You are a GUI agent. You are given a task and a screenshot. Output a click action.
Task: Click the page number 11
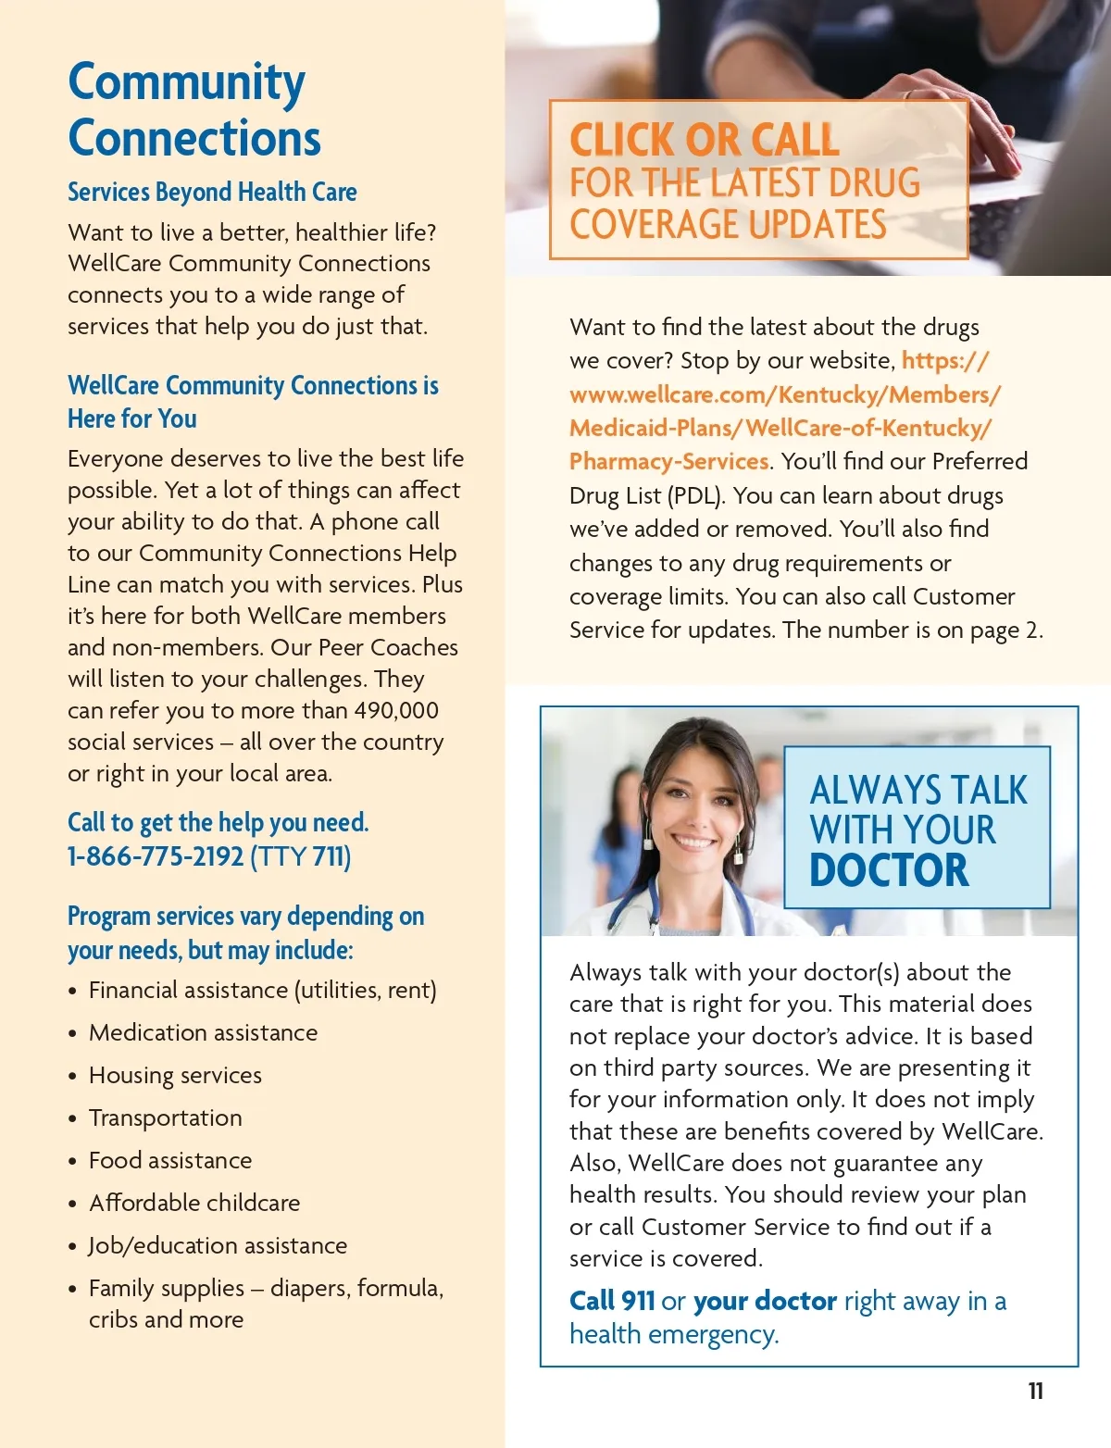1035,1391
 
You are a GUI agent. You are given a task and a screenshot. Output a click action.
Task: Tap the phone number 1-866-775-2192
156,856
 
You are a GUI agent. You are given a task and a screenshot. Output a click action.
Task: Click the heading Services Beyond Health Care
212,192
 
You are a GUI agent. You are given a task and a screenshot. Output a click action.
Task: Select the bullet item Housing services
175,1075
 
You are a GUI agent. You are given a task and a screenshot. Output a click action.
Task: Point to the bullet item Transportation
165,1117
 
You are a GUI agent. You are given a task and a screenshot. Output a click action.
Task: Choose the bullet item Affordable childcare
194,1203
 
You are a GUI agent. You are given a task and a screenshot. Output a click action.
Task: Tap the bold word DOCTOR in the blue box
889,870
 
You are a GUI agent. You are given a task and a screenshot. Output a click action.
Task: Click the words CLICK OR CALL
704,140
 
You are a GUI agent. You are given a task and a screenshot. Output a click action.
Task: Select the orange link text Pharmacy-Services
668,461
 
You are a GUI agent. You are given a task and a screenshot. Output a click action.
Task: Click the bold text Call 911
612,1301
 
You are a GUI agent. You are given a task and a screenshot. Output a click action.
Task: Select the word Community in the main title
186,83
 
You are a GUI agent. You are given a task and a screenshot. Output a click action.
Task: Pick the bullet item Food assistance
170,1160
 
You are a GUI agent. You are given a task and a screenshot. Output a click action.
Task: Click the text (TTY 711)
301,856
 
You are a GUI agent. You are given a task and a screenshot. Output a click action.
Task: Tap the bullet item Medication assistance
203,1032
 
